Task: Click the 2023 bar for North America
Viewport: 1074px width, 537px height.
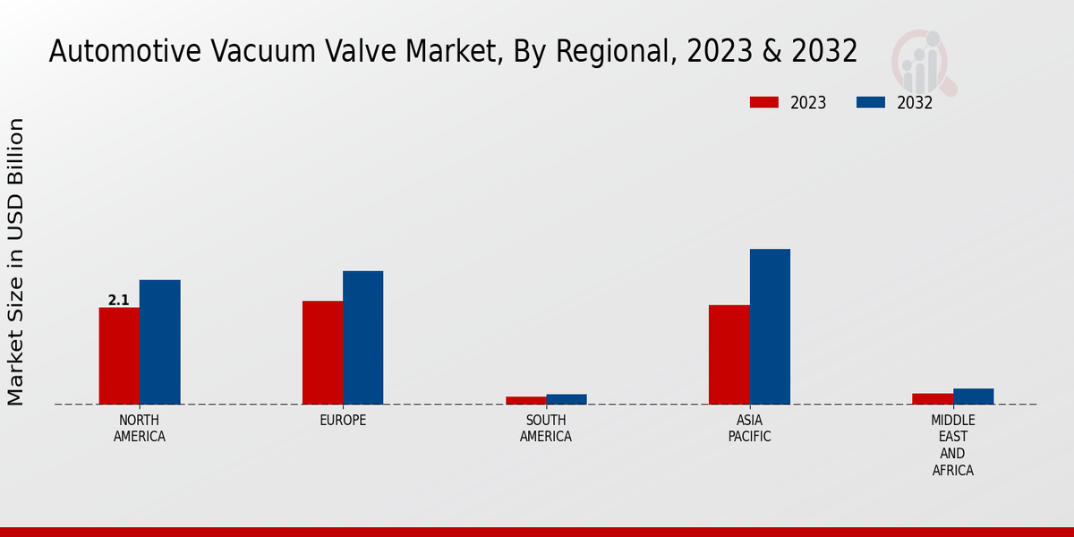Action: [x=119, y=355]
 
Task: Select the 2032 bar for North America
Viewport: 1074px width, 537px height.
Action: [x=159, y=342]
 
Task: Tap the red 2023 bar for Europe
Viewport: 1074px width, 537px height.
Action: [x=322, y=353]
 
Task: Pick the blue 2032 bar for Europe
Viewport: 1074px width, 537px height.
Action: [x=362, y=337]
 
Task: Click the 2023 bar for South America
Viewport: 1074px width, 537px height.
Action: [x=525, y=400]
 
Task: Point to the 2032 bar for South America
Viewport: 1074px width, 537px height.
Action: [x=567, y=399]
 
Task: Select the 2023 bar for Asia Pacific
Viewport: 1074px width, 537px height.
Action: [x=729, y=354]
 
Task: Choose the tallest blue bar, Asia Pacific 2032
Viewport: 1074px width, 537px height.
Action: [x=770, y=327]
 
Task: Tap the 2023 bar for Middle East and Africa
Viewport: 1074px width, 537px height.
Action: [x=932, y=398]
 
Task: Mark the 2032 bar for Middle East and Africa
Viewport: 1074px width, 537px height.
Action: [x=973, y=396]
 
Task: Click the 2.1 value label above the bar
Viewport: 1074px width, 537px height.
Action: [x=118, y=301]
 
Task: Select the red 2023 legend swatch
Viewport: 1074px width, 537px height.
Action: [x=763, y=102]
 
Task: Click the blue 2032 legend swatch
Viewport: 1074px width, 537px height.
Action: [x=871, y=102]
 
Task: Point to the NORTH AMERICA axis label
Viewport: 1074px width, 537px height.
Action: [x=139, y=429]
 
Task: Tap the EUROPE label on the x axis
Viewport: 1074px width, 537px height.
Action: [x=343, y=421]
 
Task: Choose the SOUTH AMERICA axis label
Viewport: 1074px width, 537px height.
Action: [x=546, y=429]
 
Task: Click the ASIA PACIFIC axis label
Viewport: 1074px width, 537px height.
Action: [x=749, y=429]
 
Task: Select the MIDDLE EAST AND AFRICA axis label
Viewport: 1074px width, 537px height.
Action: [x=952, y=445]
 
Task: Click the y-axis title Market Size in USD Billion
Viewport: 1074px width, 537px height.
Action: [x=16, y=261]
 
